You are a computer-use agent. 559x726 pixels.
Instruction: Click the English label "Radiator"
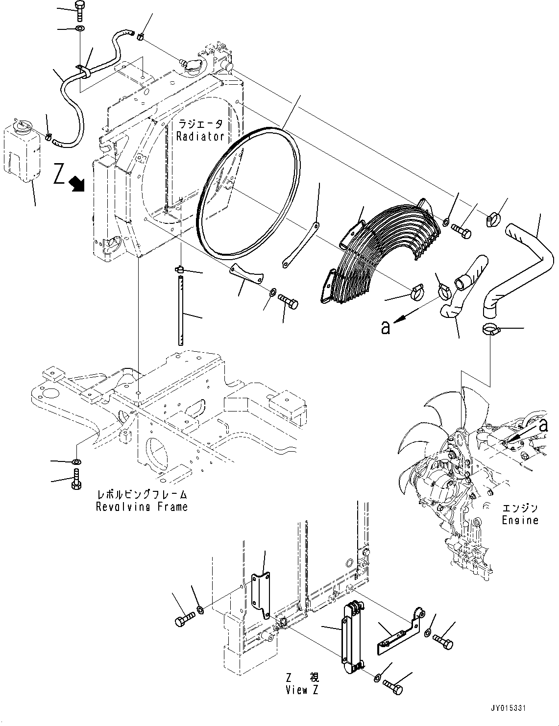(x=200, y=137)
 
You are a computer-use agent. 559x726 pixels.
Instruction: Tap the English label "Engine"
(x=520, y=520)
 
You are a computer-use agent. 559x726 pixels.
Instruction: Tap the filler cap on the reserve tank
(x=23, y=125)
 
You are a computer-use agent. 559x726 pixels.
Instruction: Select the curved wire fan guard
(x=377, y=255)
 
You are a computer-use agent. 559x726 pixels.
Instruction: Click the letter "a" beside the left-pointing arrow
(x=386, y=328)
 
